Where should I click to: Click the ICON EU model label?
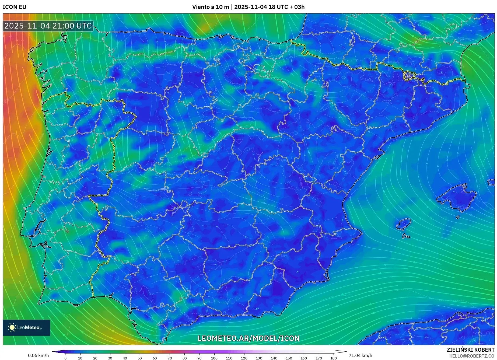click(15, 7)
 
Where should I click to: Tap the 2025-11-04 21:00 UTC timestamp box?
click(48, 26)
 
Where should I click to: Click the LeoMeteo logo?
click(26, 327)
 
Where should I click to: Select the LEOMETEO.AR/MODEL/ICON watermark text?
click(248, 338)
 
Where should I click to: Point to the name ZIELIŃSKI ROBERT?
click(470, 350)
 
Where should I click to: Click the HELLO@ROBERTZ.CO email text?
click(472, 356)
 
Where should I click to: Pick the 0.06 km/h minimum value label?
click(38, 355)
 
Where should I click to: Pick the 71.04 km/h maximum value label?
click(360, 355)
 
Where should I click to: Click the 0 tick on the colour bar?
click(65, 358)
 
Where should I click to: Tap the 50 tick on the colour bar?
click(140, 358)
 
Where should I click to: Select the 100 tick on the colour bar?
click(214, 358)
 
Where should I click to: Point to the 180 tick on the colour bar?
click(333, 358)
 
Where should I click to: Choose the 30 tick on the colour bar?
click(110, 358)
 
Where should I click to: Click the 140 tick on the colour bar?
click(274, 358)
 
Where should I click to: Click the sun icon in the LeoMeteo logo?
click(12, 327)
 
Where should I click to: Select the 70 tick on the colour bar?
click(170, 358)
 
